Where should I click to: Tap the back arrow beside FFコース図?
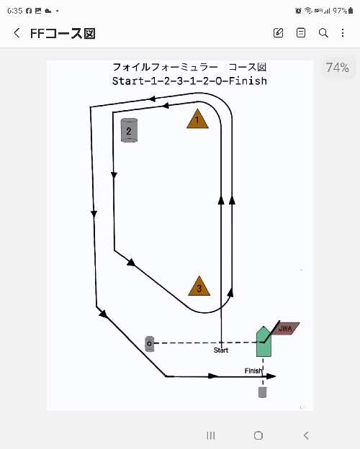(x=17, y=33)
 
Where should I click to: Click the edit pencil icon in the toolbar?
(x=278, y=33)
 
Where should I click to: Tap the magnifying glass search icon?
(x=323, y=33)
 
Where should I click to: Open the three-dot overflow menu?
(x=343, y=33)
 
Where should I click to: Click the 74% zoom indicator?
(x=338, y=68)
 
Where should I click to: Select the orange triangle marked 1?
(x=197, y=119)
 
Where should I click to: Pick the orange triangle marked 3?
(x=199, y=286)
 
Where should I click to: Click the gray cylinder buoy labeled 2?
(x=130, y=130)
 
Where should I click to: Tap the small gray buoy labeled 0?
(x=149, y=344)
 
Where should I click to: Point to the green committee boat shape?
(x=264, y=342)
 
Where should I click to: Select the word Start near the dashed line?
(x=221, y=350)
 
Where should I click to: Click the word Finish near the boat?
(x=253, y=371)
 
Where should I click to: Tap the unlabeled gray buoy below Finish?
(x=263, y=392)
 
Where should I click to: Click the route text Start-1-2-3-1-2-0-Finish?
(x=189, y=81)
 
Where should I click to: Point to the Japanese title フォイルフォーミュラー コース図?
(x=189, y=67)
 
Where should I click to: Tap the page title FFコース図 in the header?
(x=63, y=34)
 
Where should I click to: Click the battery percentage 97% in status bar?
(x=340, y=11)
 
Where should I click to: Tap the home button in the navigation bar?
(x=258, y=435)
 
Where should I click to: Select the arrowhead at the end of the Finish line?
(x=271, y=376)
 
